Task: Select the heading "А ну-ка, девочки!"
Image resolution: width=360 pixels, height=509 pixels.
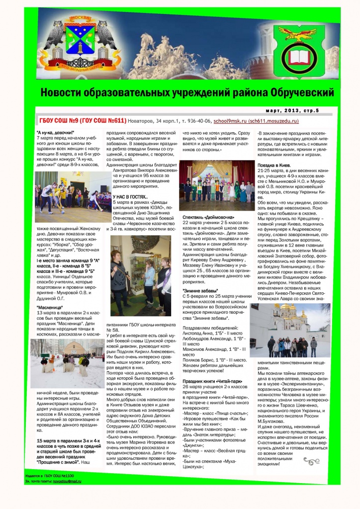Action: [x=55, y=133]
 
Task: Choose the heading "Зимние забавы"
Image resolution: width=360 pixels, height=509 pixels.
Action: [x=199, y=290]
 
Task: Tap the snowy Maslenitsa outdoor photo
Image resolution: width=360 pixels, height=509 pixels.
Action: [x=67, y=362]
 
